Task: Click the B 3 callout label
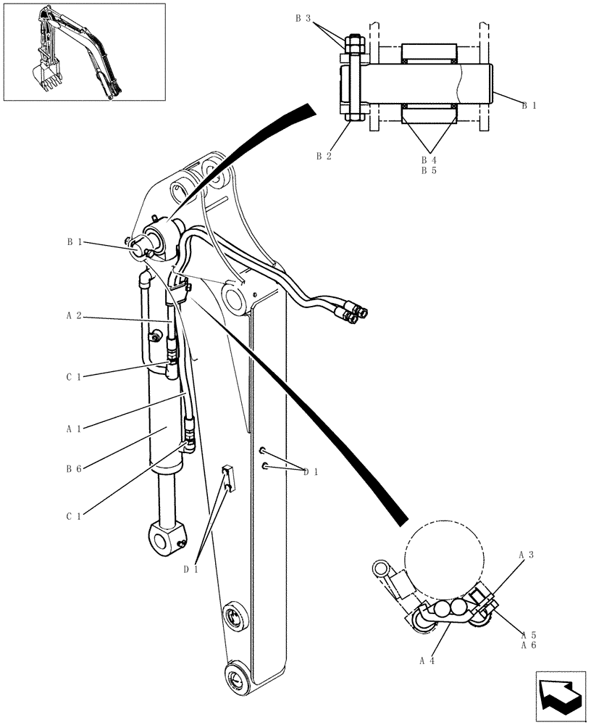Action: tap(303, 20)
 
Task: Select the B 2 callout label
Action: tap(324, 155)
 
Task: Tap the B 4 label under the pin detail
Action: tap(429, 160)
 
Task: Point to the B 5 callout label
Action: tap(429, 171)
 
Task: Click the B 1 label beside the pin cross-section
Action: tap(529, 106)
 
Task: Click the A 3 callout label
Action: tap(527, 555)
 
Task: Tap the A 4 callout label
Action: tap(426, 660)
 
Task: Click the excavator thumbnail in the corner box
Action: tap(76, 52)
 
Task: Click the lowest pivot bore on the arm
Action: tap(237, 680)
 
